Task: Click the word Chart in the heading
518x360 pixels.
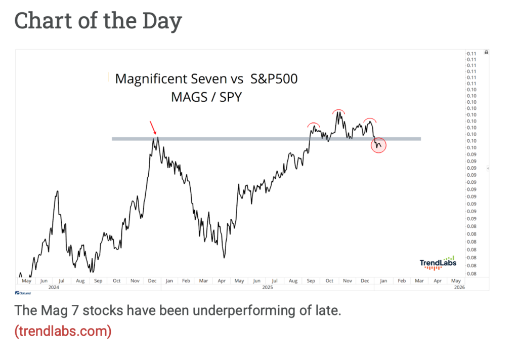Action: (x=39, y=21)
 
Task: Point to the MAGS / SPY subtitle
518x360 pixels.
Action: (x=206, y=96)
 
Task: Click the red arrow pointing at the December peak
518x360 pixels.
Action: (x=153, y=128)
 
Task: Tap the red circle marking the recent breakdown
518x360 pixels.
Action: (x=378, y=145)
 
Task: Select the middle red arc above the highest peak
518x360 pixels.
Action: (x=338, y=111)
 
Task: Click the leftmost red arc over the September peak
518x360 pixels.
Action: (x=314, y=124)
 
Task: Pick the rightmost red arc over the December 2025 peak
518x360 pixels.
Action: (x=369, y=120)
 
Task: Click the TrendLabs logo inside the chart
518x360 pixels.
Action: (x=438, y=263)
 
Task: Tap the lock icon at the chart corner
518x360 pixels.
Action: (x=486, y=52)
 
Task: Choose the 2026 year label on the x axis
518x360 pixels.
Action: (x=459, y=287)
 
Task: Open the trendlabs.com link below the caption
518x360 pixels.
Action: (x=63, y=332)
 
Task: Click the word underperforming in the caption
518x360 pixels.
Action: (x=246, y=310)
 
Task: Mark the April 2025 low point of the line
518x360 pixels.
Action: (x=224, y=258)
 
